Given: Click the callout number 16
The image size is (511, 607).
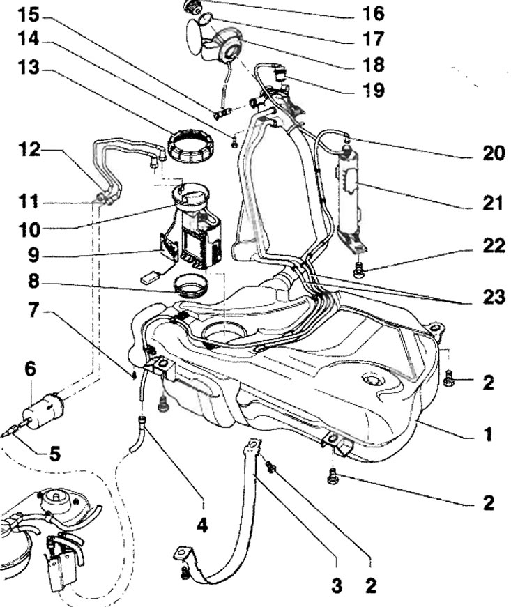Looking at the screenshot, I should tap(371, 13).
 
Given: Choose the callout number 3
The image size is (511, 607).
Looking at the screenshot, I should tap(337, 586).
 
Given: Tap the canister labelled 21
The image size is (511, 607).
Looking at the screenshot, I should tap(353, 188).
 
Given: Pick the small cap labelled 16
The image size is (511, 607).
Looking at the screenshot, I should tap(192, 6).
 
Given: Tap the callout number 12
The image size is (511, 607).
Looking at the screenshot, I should tap(32, 149).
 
